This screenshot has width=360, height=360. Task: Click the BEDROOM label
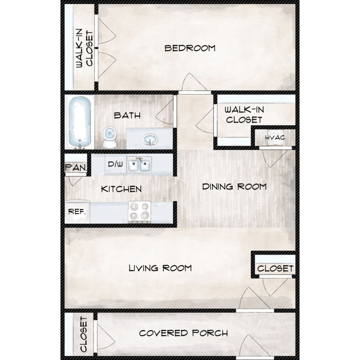[x=190, y=48]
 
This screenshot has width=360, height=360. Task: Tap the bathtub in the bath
[x=80, y=122]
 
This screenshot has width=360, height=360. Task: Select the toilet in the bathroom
[x=109, y=137]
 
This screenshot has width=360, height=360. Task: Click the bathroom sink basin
[x=150, y=139]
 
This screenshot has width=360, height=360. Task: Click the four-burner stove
[x=139, y=212]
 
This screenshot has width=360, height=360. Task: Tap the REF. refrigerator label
[x=77, y=212]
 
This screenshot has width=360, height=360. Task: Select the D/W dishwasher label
[x=115, y=164]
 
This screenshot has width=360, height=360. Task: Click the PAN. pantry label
[x=76, y=168]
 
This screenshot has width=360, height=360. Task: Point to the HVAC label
[x=275, y=138]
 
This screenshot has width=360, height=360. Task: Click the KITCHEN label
[x=121, y=189]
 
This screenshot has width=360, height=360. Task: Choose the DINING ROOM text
[x=234, y=187]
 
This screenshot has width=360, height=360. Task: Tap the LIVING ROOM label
[x=160, y=268]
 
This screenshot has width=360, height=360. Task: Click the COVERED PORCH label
[x=183, y=333]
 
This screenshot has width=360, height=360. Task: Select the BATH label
[x=127, y=115]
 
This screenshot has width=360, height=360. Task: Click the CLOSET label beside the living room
[x=276, y=268]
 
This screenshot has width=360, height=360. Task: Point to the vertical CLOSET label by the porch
[x=84, y=334]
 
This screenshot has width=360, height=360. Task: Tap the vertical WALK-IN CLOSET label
[x=84, y=48]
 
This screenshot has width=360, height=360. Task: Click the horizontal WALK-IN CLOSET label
[x=244, y=115]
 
